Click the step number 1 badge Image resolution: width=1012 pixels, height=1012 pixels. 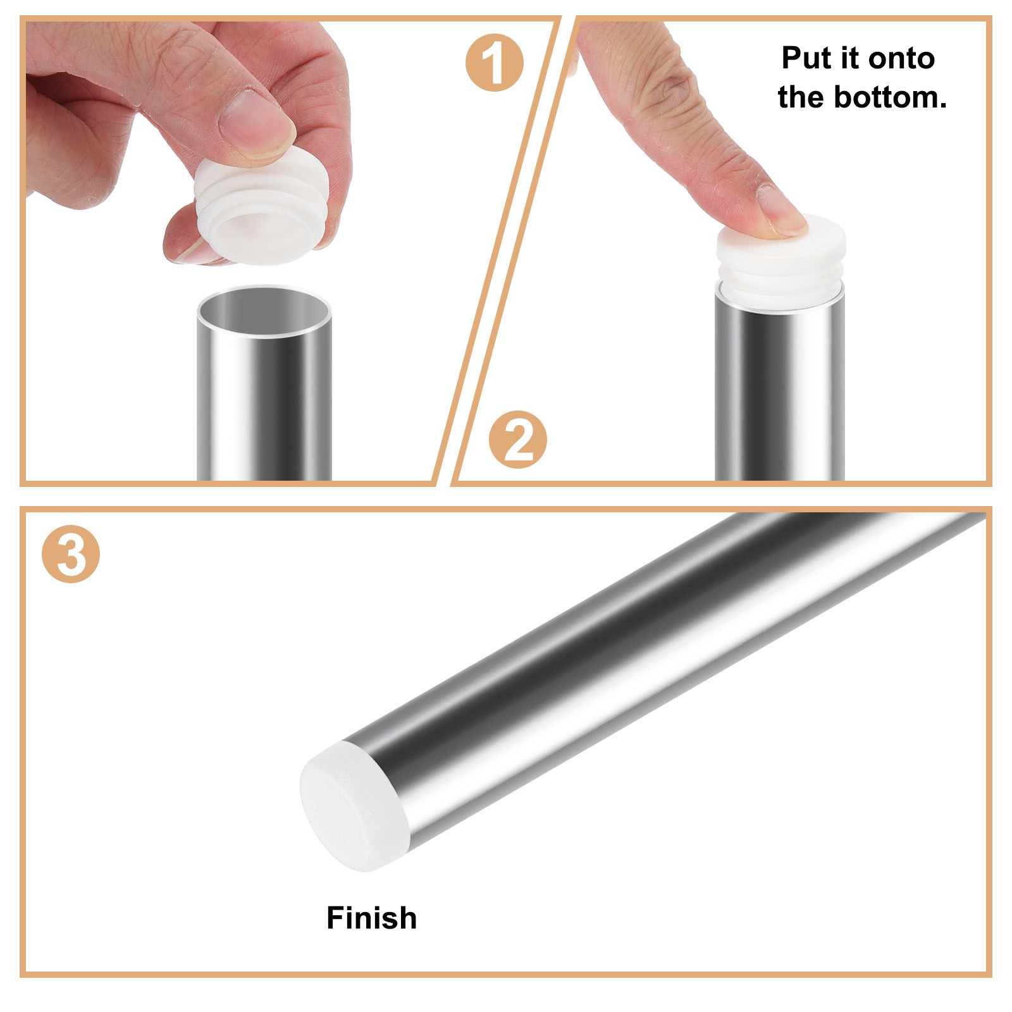click(494, 63)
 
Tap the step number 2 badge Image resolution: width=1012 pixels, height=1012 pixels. click(517, 440)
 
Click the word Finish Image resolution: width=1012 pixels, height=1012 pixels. click(371, 918)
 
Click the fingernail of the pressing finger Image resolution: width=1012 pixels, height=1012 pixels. click(782, 211)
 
